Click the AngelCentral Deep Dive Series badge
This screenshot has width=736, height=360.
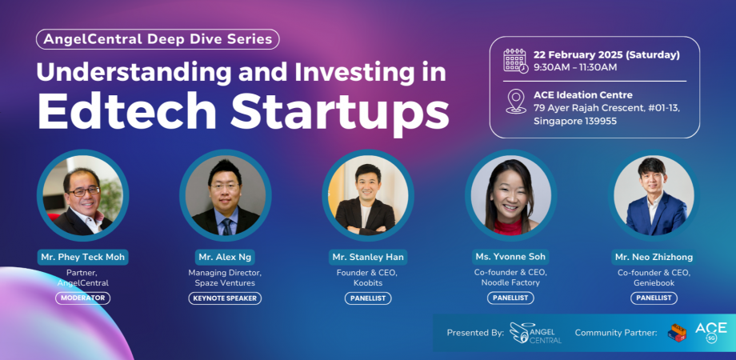(158, 38)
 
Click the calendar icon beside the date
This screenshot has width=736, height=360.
(515, 60)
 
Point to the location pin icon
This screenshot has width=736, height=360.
(516, 101)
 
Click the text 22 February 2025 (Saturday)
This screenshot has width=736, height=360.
(606, 54)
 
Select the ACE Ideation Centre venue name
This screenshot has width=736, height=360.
(583, 95)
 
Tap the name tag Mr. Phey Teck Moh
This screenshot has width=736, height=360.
(82, 257)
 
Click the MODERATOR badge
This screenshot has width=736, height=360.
(82, 298)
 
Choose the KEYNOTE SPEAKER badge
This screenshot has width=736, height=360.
(226, 298)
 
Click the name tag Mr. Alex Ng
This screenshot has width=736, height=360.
(226, 257)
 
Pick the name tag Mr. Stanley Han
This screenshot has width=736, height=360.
(368, 257)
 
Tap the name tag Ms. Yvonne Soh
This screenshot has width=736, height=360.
(511, 257)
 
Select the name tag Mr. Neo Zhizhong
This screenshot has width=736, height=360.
(654, 257)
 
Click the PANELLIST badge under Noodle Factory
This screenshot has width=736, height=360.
(511, 298)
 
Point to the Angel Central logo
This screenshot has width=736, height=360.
(535, 333)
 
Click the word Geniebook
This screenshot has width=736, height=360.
(654, 283)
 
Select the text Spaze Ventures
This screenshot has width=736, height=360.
(226, 283)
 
